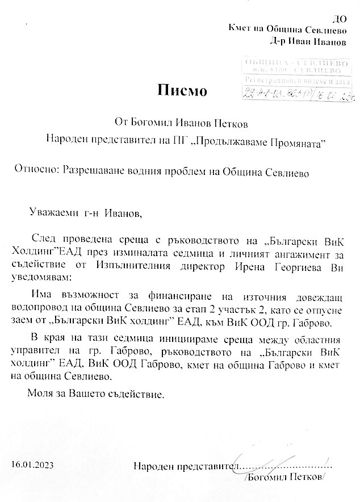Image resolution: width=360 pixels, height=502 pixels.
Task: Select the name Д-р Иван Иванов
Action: click(x=309, y=42)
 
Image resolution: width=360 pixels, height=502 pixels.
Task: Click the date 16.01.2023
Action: click(x=33, y=466)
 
